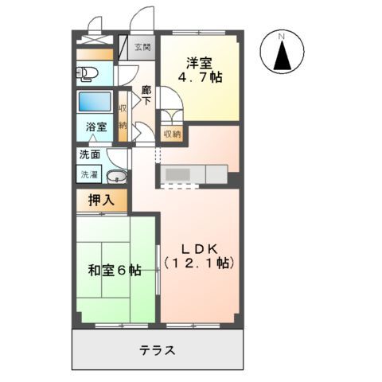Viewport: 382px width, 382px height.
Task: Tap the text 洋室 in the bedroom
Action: (x=200, y=62)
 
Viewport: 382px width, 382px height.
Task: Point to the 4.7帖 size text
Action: (x=200, y=78)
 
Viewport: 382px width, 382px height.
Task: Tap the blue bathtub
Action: (x=95, y=103)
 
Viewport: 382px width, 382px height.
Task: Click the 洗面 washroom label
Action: (x=89, y=155)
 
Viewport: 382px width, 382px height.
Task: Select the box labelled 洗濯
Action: (x=89, y=173)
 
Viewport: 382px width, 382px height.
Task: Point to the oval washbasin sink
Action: (x=116, y=177)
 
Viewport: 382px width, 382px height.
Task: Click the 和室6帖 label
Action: (x=115, y=271)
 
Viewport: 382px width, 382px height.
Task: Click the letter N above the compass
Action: (x=283, y=35)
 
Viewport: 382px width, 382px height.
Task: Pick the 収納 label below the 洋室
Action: (x=172, y=134)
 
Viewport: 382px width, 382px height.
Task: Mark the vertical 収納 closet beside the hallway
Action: (x=123, y=116)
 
